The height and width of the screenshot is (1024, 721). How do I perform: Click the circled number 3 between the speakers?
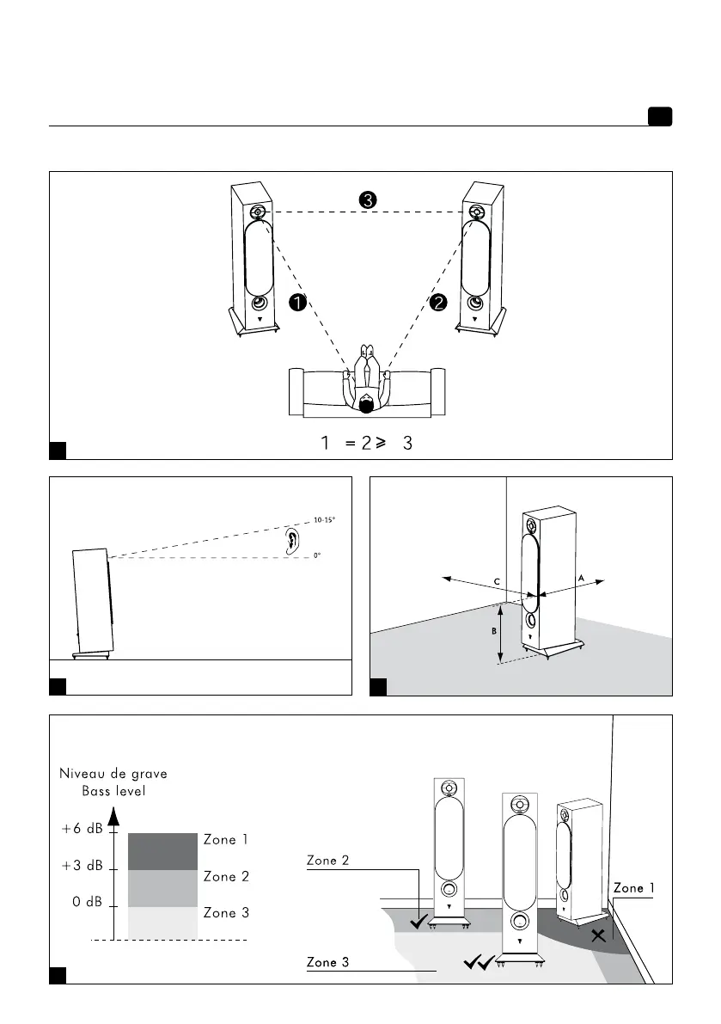367,199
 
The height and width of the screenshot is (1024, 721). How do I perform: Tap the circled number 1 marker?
296,302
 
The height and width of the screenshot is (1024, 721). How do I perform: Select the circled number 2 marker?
438,302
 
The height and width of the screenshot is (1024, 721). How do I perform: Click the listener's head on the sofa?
367,402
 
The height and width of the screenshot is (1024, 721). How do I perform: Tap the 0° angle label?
317,556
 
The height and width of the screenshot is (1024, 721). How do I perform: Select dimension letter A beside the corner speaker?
581,579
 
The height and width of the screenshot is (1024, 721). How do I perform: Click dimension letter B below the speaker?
493,631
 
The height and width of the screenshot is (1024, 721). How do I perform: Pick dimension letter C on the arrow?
496,582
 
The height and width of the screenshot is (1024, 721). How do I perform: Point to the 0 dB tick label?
89,904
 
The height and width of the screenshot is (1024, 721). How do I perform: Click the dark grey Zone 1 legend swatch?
162,850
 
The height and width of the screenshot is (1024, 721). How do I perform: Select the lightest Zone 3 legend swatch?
162,923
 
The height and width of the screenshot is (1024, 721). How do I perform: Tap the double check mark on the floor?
478,963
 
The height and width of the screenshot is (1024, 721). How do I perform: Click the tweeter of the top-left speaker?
259,213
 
